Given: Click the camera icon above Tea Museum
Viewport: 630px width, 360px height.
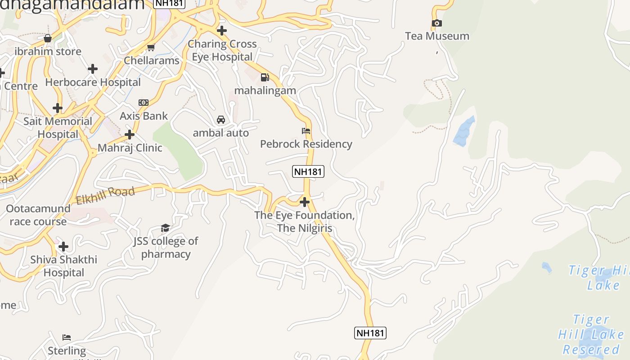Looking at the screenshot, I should (x=436, y=23).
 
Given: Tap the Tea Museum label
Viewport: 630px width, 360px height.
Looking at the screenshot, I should (x=437, y=36).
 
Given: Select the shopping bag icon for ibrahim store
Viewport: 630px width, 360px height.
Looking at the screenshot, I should (x=48, y=38).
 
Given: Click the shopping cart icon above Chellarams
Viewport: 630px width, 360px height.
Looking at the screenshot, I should (x=151, y=47).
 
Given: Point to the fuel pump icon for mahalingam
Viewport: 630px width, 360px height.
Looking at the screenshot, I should (x=265, y=77).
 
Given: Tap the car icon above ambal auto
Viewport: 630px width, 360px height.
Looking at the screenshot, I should (x=221, y=120).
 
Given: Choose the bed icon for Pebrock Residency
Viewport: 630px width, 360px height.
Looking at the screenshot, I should (x=306, y=131).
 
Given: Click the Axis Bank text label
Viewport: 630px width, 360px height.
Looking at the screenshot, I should (x=144, y=116).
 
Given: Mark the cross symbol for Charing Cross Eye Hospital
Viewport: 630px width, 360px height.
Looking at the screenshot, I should (x=221, y=31).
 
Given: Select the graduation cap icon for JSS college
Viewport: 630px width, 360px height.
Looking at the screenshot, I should (x=165, y=228).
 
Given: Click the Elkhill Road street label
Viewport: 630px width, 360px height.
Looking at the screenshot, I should (x=105, y=196).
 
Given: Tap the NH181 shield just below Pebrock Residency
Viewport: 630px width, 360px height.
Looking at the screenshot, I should (x=308, y=171).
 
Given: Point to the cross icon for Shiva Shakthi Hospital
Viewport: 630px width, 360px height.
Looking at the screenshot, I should (x=63, y=247).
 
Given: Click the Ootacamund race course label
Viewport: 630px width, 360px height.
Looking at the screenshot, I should (x=38, y=215).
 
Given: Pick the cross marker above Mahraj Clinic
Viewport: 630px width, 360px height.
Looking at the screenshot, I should (x=130, y=135).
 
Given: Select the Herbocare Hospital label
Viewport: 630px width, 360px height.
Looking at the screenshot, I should (x=93, y=82).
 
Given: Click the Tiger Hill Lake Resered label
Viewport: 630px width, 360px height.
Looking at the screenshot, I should (x=591, y=334).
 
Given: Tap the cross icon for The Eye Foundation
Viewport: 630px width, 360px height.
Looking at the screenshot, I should (x=305, y=202).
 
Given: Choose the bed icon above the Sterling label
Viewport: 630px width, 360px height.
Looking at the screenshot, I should (x=67, y=337).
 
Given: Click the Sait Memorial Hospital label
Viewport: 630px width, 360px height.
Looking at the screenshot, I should (x=58, y=128).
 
